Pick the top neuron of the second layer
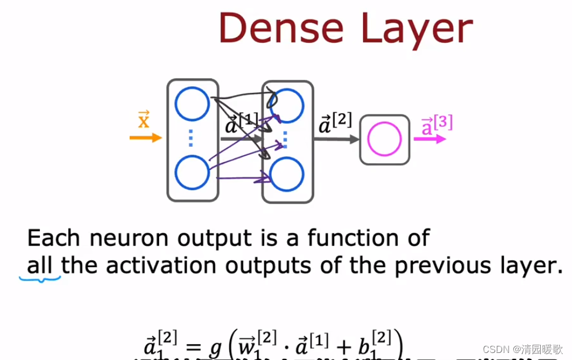click(286, 104)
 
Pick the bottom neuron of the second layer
click(286, 173)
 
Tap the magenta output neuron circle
click(384, 139)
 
